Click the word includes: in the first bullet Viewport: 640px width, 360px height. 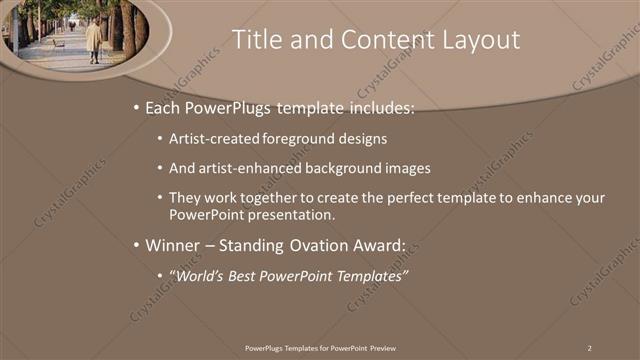click(x=378, y=107)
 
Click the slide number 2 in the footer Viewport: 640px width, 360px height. click(x=589, y=347)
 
